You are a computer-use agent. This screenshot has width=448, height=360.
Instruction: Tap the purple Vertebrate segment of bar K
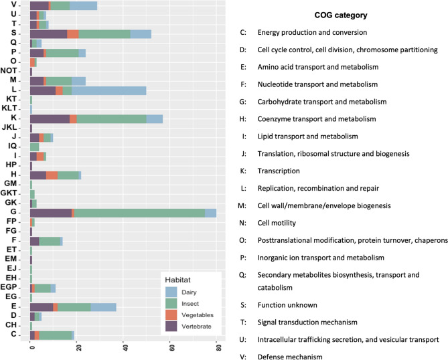(x=50, y=118)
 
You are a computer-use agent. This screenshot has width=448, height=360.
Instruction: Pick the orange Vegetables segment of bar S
(x=73, y=33)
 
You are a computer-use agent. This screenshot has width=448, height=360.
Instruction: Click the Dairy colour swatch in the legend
(x=171, y=291)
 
